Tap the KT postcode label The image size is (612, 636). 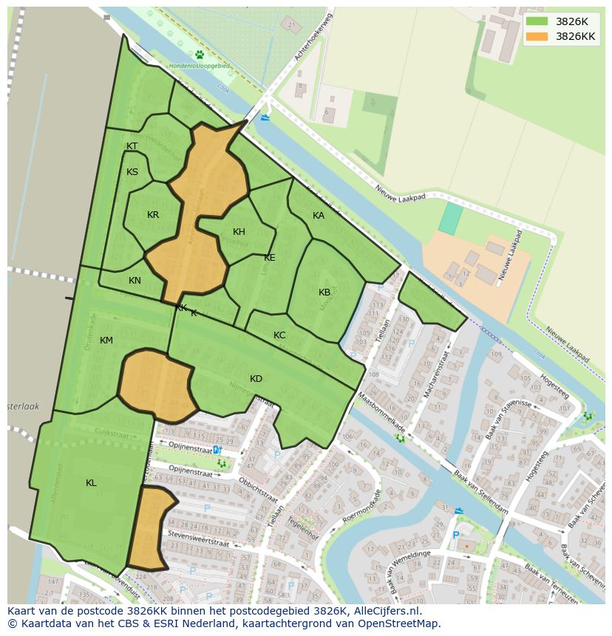click(x=132, y=146)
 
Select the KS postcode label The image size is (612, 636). click(x=132, y=172)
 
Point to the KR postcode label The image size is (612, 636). click(x=153, y=215)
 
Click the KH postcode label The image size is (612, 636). click(x=239, y=232)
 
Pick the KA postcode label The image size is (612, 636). click(x=319, y=216)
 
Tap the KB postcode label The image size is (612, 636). click(x=324, y=293)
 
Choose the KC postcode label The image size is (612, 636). click(x=279, y=335)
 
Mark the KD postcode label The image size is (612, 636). click(x=256, y=379)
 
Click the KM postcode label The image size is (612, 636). click(x=106, y=341)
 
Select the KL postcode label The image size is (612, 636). click(x=91, y=483)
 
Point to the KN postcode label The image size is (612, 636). click(x=135, y=281)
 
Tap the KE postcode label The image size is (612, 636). click(x=270, y=258)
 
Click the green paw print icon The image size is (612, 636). click(x=200, y=54)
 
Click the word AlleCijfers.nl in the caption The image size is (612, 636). click(x=384, y=611)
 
